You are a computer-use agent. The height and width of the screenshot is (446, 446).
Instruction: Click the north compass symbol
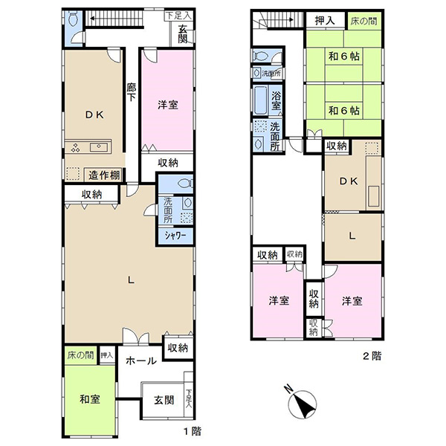point(302,404)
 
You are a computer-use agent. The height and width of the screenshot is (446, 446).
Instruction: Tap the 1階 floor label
point(193,431)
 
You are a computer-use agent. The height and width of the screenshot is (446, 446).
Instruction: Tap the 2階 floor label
point(372,356)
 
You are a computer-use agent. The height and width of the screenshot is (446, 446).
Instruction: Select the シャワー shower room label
point(175,236)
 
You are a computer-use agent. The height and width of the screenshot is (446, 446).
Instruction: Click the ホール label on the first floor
point(141,361)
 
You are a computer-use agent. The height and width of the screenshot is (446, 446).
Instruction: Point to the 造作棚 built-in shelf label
point(104,175)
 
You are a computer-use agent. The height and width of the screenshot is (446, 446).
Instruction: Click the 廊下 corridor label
point(131,92)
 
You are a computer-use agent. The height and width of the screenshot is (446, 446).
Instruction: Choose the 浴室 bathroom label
point(276,100)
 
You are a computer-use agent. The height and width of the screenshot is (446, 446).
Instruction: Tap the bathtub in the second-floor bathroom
point(260,100)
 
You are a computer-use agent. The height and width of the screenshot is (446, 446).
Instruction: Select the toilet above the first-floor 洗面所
point(184,184)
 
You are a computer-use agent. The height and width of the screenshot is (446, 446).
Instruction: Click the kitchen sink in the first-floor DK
point(99,147)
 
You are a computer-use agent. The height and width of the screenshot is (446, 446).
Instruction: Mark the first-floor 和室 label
point(90,399)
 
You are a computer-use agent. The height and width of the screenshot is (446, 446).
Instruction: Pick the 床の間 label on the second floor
point(363,21)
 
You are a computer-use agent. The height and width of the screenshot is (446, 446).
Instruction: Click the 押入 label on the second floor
point(325,21)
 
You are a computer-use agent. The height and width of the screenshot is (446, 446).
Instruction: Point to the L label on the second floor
point(352,236)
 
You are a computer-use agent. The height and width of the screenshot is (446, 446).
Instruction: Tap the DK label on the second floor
point(349,181)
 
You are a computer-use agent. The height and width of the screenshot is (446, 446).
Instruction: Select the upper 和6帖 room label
point(344,56)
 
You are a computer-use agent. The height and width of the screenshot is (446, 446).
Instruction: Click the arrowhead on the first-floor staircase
point(92,19)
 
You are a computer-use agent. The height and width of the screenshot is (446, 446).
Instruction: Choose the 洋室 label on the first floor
point(168,105)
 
